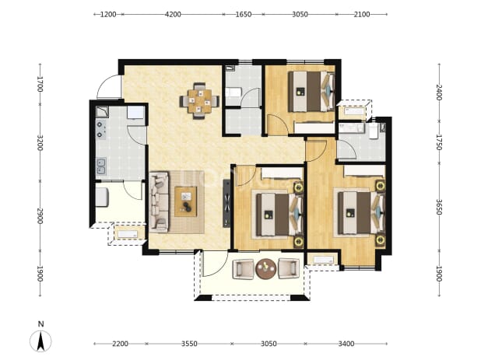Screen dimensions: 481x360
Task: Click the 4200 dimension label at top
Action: tap(173, 14)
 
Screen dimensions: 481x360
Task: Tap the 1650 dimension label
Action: tap(244, 14)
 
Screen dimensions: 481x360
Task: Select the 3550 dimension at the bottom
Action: tap(189, 344)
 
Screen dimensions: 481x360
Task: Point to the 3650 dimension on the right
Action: tap(439, 207)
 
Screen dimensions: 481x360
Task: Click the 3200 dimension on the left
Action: tap(40, 142)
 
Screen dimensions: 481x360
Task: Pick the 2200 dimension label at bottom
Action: tap(120, 344)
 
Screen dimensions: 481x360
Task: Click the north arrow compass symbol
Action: tap(40, 341)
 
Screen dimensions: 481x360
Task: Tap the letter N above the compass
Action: tap(40, 324)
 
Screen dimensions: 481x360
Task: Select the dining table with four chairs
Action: tap(199, 101)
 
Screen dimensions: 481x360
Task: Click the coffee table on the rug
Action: tap(185, 201)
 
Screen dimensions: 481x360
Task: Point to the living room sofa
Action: tap(160, 202)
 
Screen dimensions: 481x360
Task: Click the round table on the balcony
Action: tap(265, 269)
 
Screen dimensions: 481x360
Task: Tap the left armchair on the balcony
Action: tap(244, 269)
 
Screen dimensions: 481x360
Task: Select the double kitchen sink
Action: tap(101, 166)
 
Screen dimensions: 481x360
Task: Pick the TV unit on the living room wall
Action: tap(226, 203)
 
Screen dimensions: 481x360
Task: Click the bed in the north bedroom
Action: tap(311, 91)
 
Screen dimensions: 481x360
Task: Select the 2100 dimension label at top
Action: tap(362, 14)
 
